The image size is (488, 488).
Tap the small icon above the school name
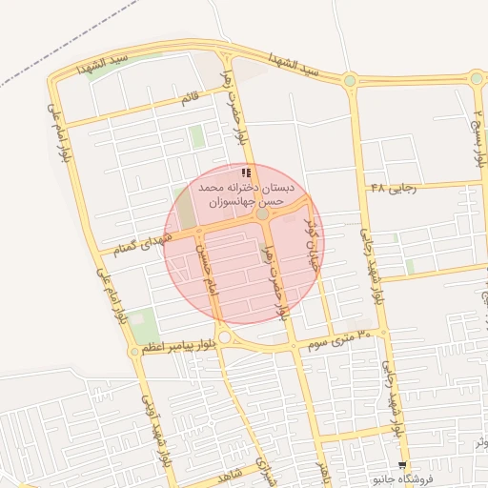[246, 173]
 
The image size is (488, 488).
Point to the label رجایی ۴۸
[394, 188]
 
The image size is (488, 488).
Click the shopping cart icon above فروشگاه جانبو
[401, 465]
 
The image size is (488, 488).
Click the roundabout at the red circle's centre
[261, 213]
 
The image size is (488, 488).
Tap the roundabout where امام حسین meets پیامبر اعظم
[224, 337]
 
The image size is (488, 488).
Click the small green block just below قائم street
[196, 136]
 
